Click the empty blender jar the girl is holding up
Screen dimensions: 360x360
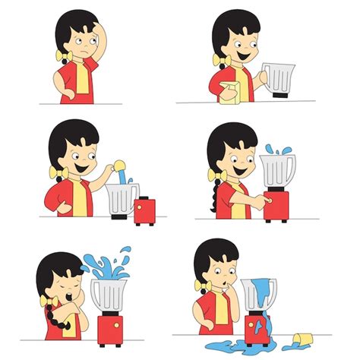279,79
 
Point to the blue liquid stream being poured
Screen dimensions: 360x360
119,177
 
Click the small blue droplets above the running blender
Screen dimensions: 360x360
273,149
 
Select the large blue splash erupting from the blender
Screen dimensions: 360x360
106,265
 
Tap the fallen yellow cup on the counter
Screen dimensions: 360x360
302,336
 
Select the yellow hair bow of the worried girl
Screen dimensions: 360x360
55,57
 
